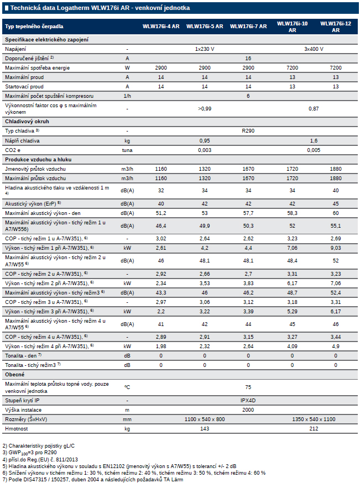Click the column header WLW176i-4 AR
pos(161,27)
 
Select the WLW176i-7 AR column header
pos(248,27)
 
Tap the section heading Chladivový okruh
pos(27,122)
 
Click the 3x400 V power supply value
pos(314,49)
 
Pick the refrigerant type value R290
pos(248,131)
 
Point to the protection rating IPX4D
pos(248,401)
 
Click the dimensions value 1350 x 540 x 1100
pos(314,419)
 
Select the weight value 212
pos(314,429)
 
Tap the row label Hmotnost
pos(17,429)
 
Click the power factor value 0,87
pos(314,109)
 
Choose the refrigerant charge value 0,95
pos(205,141)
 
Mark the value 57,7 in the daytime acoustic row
pos(248,213)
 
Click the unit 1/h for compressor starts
pos(127,96)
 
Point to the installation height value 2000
pos(248,410)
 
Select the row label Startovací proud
pos(24,87)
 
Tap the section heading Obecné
pos(14,375)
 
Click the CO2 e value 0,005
pos(314,150)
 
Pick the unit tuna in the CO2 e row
pos(127,150)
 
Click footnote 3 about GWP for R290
pos(30,453)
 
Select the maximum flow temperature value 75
pos(248,387)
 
